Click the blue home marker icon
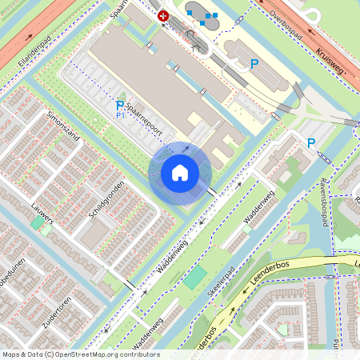(x=180, y=173)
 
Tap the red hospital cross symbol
(x=164, y=16)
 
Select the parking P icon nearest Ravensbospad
(x=311, y=143)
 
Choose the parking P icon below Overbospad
(x=254, y=63)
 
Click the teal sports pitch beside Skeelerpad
(x=194, y=278)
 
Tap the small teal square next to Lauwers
(x=37, y=225)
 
